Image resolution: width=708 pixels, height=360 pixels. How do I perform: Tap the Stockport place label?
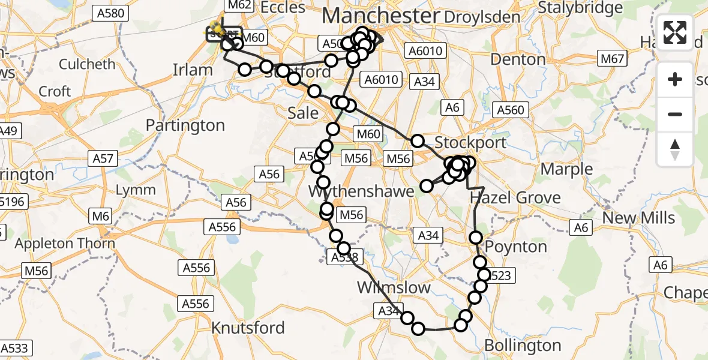click(x=470, y=143)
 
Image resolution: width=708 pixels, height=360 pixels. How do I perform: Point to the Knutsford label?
click(x=248, y=328)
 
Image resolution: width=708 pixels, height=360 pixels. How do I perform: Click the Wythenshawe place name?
click(x=361, y=191)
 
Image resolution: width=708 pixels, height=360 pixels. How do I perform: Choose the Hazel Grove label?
click(x=515, y=197)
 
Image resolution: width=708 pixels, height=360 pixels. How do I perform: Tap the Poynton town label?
click(x=516, y=247)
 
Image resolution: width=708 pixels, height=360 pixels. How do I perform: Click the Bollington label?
click(x=522, y=346)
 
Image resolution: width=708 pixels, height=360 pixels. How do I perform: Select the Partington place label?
click(x=185, y=125)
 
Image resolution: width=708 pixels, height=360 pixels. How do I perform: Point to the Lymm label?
click(x=136, y=190)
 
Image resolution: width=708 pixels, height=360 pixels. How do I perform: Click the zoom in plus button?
click(x=675, y=79)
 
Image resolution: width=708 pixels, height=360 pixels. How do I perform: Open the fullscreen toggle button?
click(x=675, y=32)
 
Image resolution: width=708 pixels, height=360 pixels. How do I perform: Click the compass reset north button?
click(x=675, y=149)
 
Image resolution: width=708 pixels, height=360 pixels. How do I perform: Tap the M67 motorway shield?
click(x=612, y=59)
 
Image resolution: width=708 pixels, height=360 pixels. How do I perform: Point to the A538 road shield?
click(x=345, y=257)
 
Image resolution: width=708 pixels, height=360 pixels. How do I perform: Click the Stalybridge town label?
click(x=580, y=8)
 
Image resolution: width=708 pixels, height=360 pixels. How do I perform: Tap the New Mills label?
click(x=638, y=218)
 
